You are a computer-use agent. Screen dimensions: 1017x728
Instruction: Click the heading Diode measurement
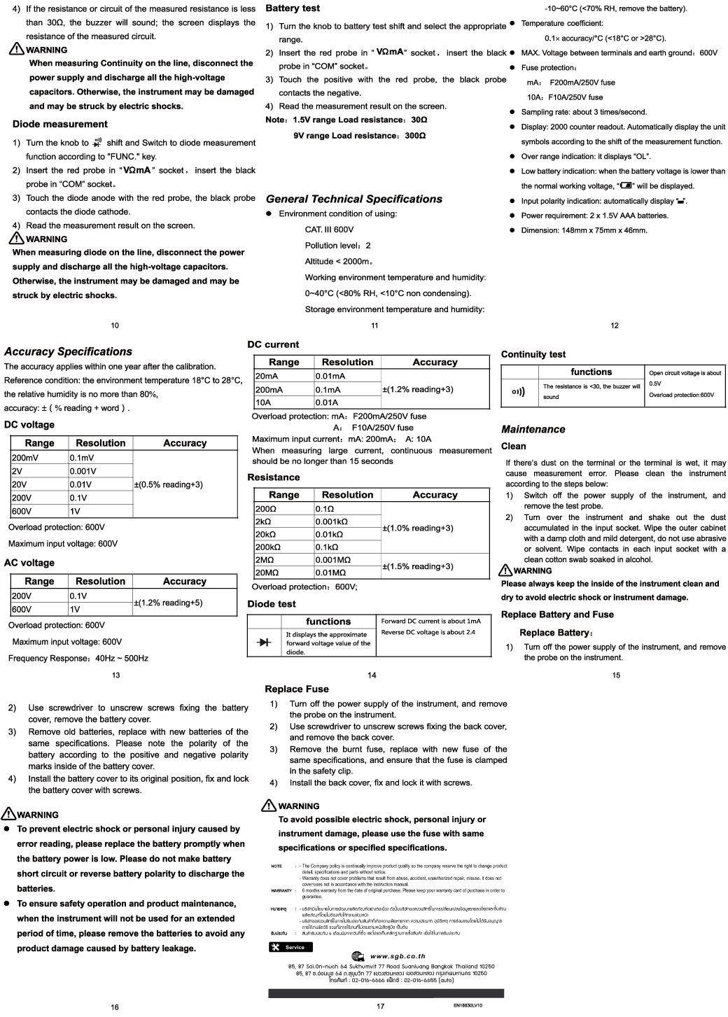tap(60, 125)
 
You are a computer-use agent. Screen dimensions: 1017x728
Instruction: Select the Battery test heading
tap(293, 8)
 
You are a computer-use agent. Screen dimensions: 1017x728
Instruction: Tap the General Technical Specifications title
tap(354, 199)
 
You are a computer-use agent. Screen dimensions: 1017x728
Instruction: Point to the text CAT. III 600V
tap(329, 230)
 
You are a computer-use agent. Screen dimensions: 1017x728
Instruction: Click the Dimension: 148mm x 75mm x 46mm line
tap(584, 230)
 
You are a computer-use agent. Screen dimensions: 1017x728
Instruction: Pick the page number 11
tap(375, 325)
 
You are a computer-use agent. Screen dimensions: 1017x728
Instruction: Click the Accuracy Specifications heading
tap(68, 352)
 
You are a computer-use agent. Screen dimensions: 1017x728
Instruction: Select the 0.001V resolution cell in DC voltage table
tap(83, 471)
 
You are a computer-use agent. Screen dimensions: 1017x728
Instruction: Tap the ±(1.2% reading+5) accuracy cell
tap(168, 603)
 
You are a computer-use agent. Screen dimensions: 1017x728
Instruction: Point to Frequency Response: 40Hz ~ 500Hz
tap(78, 659)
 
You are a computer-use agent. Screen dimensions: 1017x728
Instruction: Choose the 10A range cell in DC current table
tap(263, 402)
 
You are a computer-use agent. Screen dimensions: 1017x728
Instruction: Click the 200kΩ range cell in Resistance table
tap(268, 547)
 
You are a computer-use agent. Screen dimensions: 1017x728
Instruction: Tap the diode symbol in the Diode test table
tap(265, 642)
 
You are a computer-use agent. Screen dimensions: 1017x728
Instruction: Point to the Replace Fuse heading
tap(297, 689)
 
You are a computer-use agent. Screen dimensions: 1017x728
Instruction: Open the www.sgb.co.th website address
tap(398, 956)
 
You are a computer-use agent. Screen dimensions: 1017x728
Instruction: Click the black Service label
tap(290, 947)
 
